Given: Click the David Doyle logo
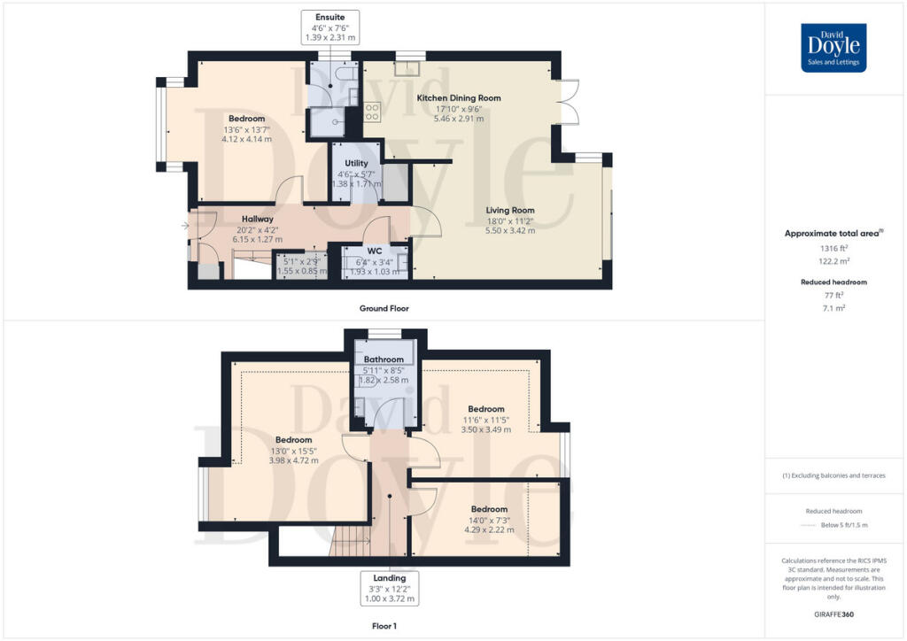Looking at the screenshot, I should [x=833, y=48].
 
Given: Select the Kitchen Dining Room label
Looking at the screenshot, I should [x=459, y=97].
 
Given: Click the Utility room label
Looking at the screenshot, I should [x=357, y=164].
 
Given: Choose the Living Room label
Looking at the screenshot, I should [x=510, y=210].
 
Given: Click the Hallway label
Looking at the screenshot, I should [x=258, y=219].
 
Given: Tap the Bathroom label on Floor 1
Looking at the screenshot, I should [x=383, y=359].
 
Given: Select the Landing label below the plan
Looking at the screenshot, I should [x=389, y=578].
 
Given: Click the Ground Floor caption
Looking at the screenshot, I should [x=384, y=308].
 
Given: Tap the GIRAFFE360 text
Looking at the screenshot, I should [x=833, y=614].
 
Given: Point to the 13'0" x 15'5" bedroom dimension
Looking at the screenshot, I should [x=293, y=451].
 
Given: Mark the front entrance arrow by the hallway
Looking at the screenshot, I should [x=185, y=226].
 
